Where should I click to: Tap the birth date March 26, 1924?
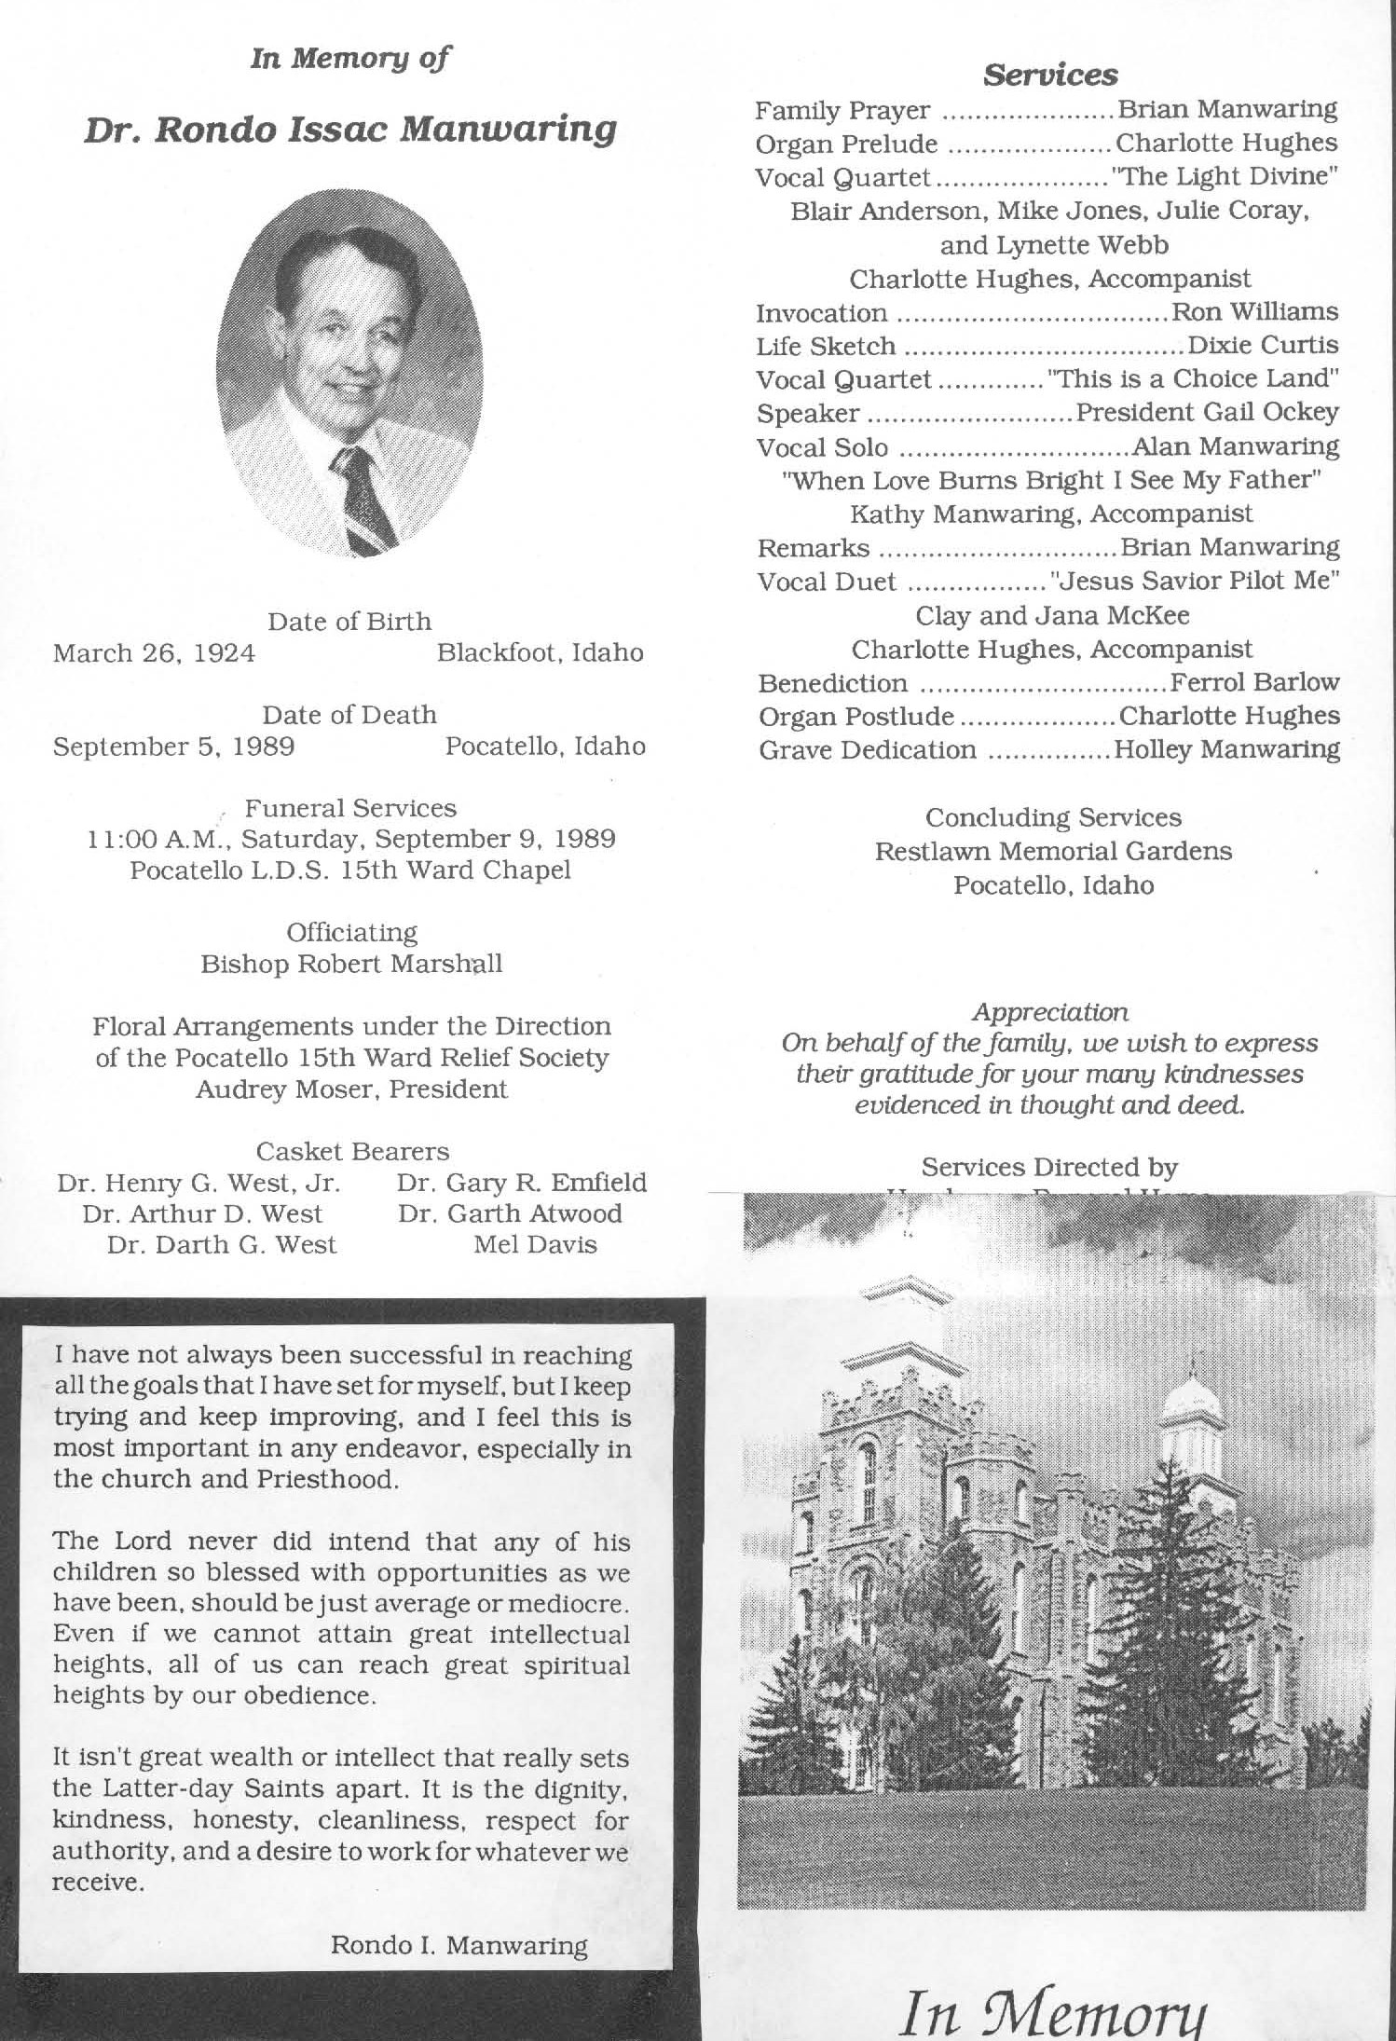click(154, 652)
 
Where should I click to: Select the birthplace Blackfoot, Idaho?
click(541, 652)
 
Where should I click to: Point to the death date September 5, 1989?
click(174, 747)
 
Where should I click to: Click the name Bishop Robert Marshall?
click(351, 964)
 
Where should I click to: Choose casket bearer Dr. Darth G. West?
click(221, 1245)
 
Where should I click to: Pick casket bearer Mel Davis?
click(535, 1245)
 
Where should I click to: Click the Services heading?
click(1050, 75)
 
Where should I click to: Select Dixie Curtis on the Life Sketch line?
click(1263, 346)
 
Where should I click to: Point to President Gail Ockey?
click(1208, 412)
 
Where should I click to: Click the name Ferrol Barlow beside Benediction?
click(1254, 683)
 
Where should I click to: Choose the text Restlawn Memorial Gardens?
click(1053, 852)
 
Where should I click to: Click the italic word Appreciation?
click(1050, 1011)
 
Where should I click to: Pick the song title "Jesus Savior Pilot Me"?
click(1195, 582)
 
